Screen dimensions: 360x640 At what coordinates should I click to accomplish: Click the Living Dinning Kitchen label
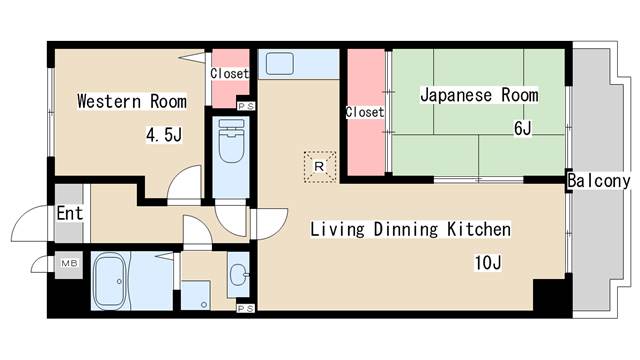(410, 230)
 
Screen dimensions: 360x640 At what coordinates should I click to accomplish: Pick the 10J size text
(487, 263)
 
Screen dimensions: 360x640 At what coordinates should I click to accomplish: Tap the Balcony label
(598, 181)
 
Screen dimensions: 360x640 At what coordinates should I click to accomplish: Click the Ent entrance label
(69, 213)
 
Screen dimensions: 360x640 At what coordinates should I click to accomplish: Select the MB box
(69, 264)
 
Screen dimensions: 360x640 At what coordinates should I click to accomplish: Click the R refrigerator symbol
(319, 166)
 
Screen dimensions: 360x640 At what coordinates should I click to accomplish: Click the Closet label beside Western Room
(229, 74)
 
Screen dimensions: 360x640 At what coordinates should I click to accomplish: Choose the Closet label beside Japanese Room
(364, 112)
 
